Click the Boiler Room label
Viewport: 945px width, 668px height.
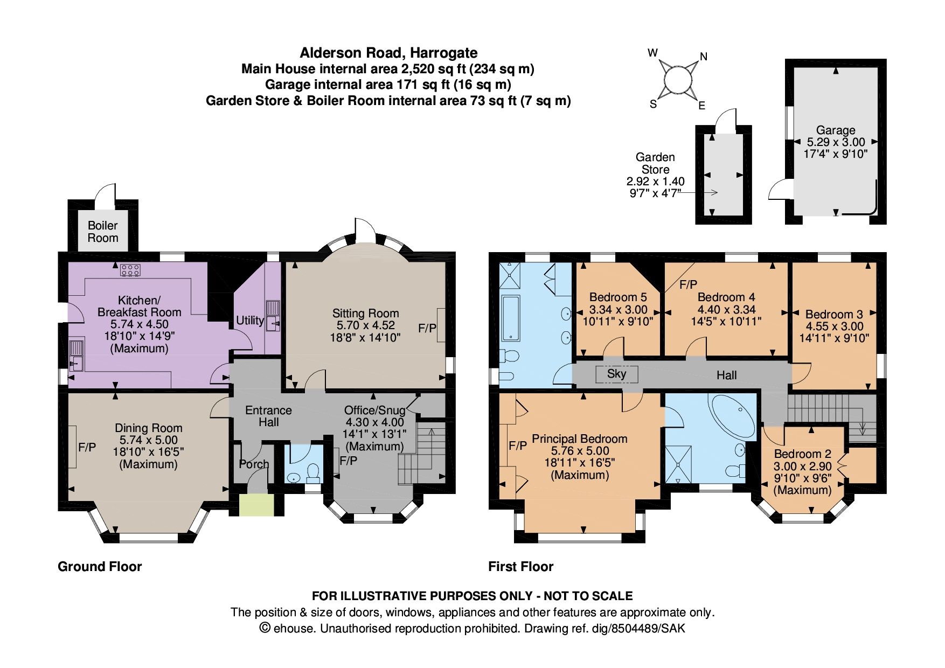(103, 232)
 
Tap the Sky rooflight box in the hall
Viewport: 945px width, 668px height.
(617, 374)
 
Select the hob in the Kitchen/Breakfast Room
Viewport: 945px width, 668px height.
(130, 270)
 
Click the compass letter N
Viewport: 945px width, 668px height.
(704, 57)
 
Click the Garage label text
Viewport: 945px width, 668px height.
(836, 130)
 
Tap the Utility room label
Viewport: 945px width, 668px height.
(250, 321)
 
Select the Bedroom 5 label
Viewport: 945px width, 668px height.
(618, 297)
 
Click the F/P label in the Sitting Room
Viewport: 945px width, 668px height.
(427, 328)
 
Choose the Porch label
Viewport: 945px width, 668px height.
(254, 464)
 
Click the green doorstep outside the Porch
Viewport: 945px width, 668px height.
(256, 505)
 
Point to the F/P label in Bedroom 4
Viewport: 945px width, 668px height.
(688, 284)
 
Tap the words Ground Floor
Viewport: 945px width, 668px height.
(100, 567)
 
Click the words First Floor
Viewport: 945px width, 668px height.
(520, 567)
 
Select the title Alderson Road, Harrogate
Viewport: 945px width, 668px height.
(388, 53)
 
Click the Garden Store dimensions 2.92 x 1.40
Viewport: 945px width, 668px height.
(655, 181)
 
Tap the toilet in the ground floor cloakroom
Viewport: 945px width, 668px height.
(312, 474)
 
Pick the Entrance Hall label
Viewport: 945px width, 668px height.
(268, 416)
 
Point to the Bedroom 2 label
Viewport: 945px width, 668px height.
(802, 454)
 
